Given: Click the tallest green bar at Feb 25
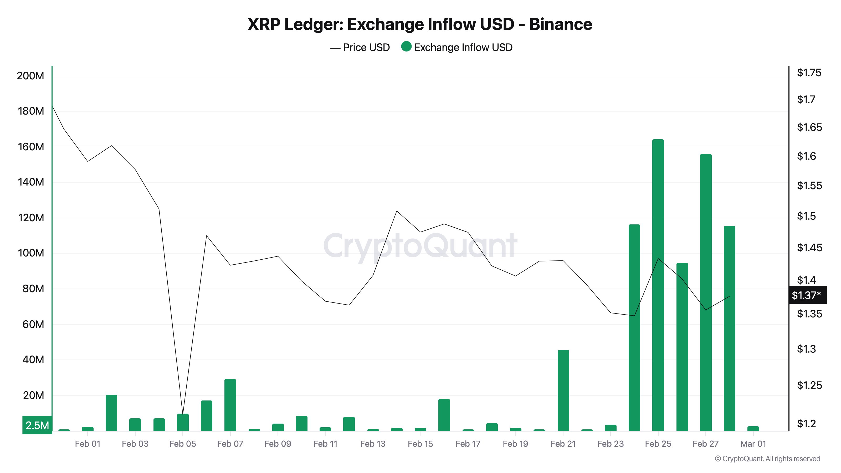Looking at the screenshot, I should coord(658,284).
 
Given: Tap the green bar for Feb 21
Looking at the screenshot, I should coord(563,390).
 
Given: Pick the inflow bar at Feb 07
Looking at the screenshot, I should coord(230,405).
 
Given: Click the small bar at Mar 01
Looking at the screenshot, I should coord(753,428).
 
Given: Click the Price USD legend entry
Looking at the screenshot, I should coord(360,47).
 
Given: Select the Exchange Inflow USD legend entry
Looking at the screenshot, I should coord(457,47).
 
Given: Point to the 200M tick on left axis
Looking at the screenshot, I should coord(30,76).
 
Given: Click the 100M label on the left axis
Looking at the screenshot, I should coord(31,253).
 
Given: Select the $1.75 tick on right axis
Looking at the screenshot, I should coord(809,73).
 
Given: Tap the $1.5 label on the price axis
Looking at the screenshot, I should coord(806,216).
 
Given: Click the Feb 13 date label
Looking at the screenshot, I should coord(372,444).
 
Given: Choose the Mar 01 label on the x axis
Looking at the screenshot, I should coord(753,444).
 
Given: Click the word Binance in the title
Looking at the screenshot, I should coord(561,24).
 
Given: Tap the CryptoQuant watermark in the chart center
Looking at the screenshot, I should coord(420,245).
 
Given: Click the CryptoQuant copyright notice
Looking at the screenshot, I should coord(767,459).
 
